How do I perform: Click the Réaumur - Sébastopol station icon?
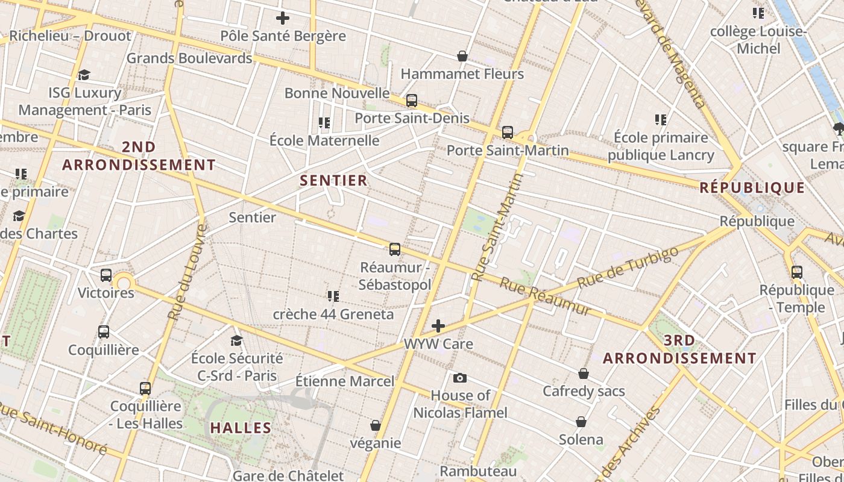click(x=395, y=249)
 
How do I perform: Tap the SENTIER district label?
click(x=333, y=180)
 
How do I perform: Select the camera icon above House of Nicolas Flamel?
click(x=460, y=378)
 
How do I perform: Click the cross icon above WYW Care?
click(x=438, y=326)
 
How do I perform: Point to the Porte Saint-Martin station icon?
click(x=508, y=133)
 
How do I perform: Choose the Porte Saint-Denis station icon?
click(x=412, y=101)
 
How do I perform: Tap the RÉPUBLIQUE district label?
click(x=752, y=187)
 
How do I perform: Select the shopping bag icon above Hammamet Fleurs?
click(x=462, y=56)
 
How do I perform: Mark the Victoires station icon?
click(x=106, y=275)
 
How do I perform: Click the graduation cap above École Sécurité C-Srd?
click(x=236, y=340)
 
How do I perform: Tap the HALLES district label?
click(x=241, y=428)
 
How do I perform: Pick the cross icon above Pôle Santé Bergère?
click(x=282, y=18)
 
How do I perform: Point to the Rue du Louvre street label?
click(x=187, y=272)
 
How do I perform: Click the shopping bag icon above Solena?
click(x=581, y=422)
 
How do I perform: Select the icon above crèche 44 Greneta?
click(x=333, y=296)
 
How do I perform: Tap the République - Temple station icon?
click(x=797, y=272)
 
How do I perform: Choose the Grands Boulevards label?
click(x=189, y=58)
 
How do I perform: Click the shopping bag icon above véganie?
click(x=376, y=425)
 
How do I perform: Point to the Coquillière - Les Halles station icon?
click(x=145, y=389)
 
